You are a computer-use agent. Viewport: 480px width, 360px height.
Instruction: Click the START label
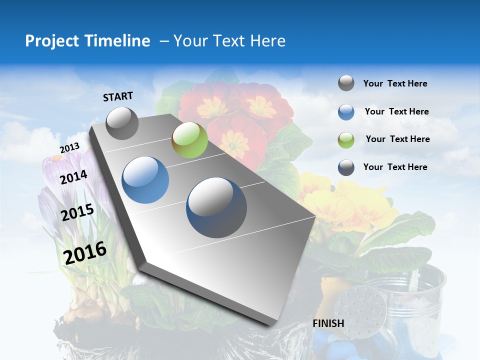(x=118, y=96)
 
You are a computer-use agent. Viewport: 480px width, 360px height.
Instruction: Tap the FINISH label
(x=328, y=323)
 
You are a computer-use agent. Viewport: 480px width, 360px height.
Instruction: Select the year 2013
(x=69, y=148)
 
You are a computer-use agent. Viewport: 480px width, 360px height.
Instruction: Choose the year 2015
(x=77, y=212)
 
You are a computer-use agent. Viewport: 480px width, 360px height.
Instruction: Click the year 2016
(x=85, y=253)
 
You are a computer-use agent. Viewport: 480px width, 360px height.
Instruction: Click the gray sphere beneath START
(x=122, y=123)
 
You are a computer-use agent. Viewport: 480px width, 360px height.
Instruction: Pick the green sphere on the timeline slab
(x=189, y=140)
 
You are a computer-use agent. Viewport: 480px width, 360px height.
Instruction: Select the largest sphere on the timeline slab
(x=216, y=207)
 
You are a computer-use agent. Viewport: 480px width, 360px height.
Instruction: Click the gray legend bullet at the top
(x=346, y=83)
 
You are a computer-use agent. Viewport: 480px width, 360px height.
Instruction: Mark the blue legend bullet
(x=346, y=112)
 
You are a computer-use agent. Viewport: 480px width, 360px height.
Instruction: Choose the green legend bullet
(x=346, y=140)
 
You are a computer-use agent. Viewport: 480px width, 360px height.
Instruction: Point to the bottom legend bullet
(x=346, y=167)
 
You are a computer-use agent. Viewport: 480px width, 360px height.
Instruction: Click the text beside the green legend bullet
(x=397, y=139)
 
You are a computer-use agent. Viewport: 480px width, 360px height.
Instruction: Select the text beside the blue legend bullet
(x=396, y=111)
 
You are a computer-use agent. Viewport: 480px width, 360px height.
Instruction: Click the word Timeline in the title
(x=117, y=41)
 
